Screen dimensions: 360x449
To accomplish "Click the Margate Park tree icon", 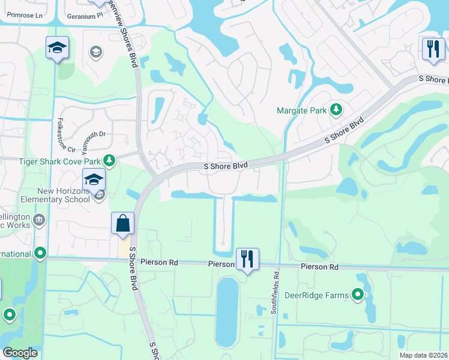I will (x=337, y=110).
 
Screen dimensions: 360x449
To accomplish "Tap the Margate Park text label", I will (x=301, y=110).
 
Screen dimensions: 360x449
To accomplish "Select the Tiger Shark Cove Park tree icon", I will (x=109, y=160).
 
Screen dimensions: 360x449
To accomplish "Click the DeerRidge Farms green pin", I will (x=358, y=294).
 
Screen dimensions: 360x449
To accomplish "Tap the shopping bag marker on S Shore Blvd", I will (x=122, y=225).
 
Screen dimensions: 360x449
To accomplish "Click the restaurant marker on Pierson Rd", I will (x=247, y=259).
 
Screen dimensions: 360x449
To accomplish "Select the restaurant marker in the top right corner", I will (x=433, y=50).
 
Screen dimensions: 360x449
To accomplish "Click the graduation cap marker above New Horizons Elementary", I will (x=94, y=179).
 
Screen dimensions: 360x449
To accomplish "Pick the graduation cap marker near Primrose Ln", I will (x=58, y=48).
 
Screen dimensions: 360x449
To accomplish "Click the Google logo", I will (x=20, y=353).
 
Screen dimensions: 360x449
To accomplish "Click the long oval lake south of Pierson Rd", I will (x=227, y=312).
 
